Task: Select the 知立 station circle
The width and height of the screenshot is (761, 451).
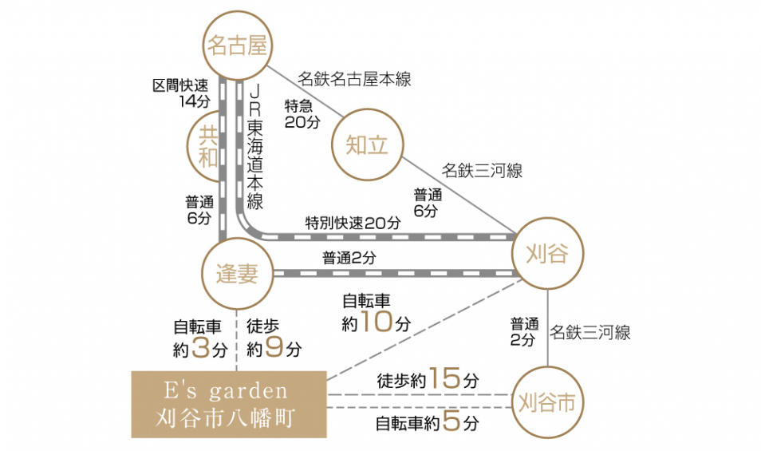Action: [x=367, y=145]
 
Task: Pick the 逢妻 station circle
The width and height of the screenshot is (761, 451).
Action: [x=237, y=274]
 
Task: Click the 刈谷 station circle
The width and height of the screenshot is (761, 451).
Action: [x=547, y=255]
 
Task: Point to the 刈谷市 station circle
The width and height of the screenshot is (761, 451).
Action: [x=546, y=402]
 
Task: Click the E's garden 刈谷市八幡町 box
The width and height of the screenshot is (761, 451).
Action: [x=229, y=404]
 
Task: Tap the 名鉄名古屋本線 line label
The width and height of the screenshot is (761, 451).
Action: [x=354, y=79]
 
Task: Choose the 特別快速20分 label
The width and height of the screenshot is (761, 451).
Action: [x=353, y=223]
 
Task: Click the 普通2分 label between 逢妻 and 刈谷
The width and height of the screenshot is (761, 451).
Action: [x=349, y=258]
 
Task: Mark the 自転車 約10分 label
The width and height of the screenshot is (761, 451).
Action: [x=376, y=313]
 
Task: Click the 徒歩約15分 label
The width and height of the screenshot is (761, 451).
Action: [x=428, y=379]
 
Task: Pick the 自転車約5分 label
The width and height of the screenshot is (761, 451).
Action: [x=428, y=422]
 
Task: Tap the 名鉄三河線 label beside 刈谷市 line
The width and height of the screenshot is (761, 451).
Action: [x=590, y=332]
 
